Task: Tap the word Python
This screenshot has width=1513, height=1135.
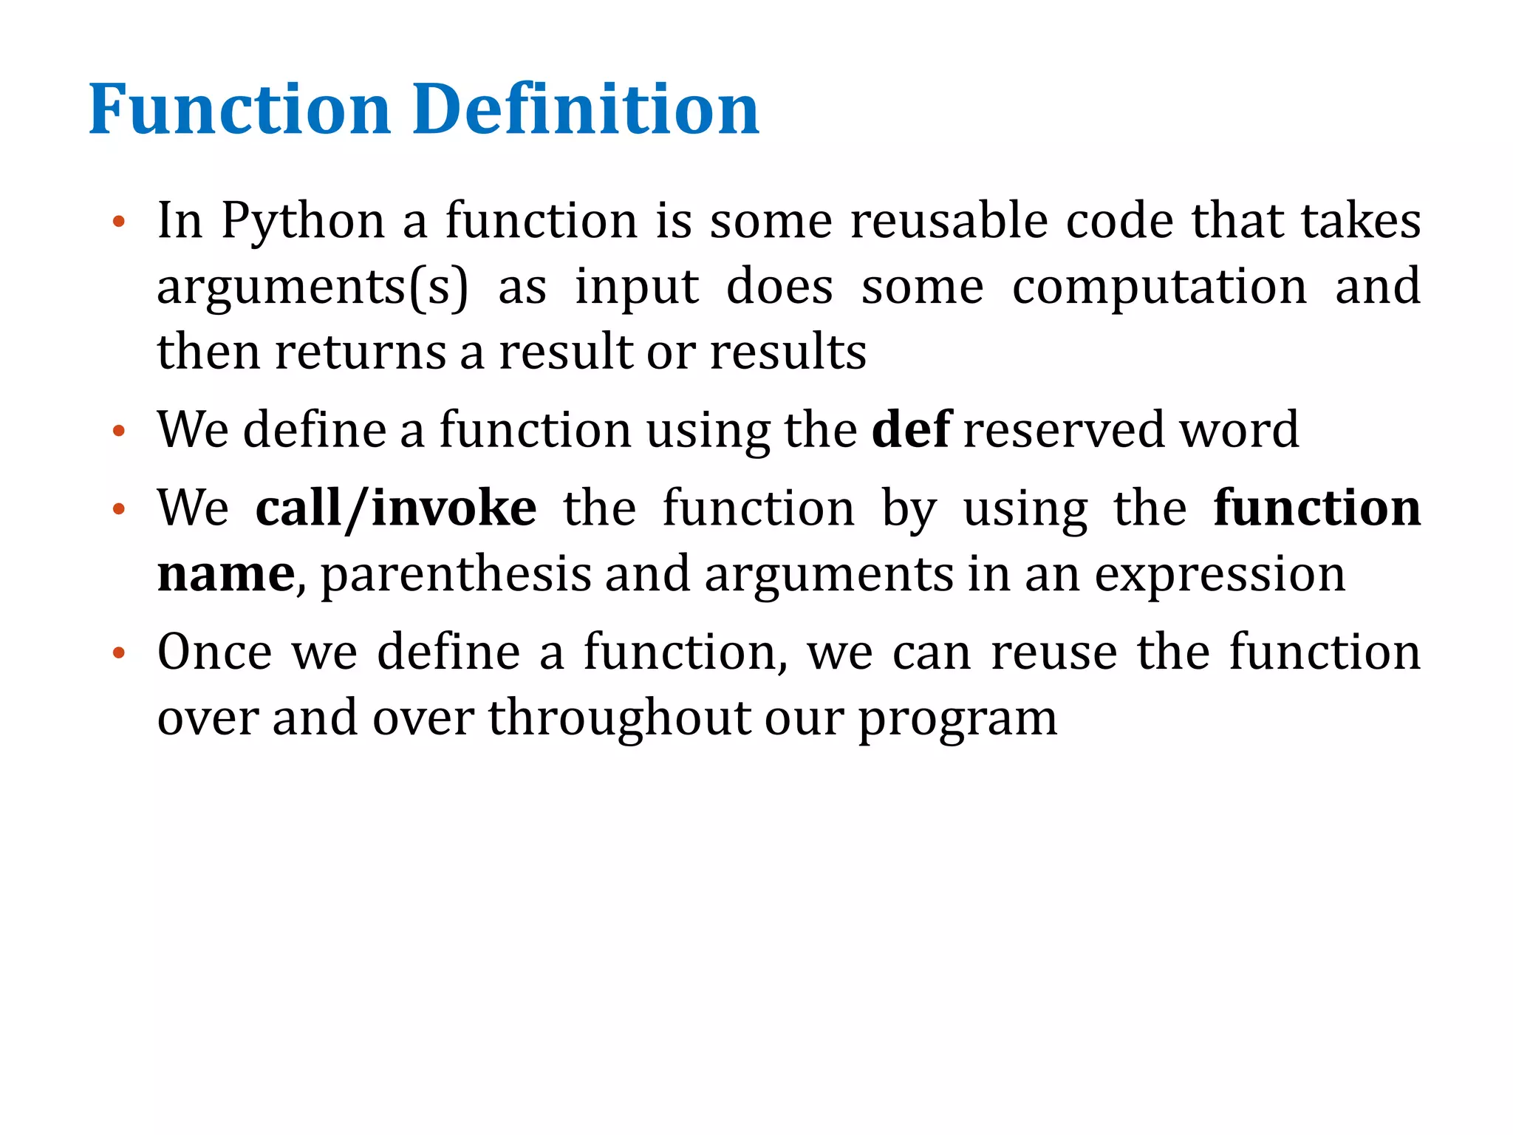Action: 303,222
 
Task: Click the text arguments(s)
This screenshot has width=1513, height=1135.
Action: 312,288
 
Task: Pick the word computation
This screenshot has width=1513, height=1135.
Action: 1159,288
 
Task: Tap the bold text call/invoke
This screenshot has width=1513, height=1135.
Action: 396,508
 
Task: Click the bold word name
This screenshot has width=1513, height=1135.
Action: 226,575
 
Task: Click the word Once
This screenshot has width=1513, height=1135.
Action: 215,652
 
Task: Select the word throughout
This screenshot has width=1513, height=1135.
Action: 619,718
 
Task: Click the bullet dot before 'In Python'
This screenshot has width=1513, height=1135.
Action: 118,221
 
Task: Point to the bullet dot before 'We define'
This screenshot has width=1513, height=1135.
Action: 118,430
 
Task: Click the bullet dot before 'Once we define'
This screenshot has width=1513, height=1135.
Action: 118,653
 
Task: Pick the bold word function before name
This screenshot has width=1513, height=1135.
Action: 1316,508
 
